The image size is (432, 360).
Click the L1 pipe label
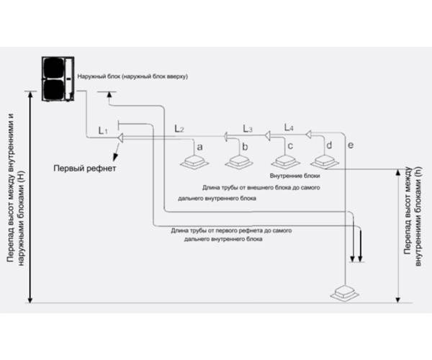[102, 130]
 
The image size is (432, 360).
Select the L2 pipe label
[179, 128]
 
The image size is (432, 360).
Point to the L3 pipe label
[247, 129]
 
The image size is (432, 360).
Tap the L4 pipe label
[289, 127]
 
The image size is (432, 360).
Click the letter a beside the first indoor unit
[199, 146]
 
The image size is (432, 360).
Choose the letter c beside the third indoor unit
[290, 146]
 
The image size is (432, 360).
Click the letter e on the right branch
[351, 146]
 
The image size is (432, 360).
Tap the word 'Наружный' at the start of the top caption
[93, 76]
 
